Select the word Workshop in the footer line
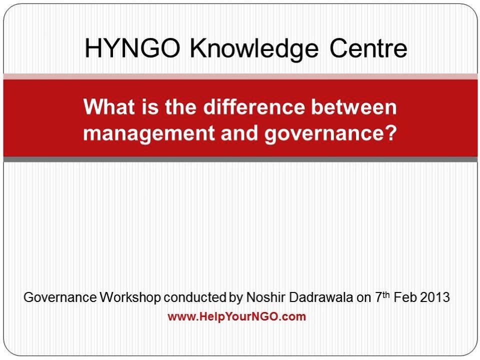[x=130, y=297]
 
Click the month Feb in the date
[x=404, y=297]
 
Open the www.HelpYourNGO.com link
[x=236, y=316]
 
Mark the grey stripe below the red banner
[x=240, y=159]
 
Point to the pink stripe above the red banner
[x=240, y=76]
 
